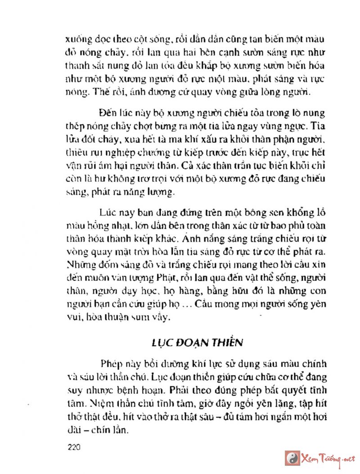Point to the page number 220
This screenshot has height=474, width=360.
[73, 447]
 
